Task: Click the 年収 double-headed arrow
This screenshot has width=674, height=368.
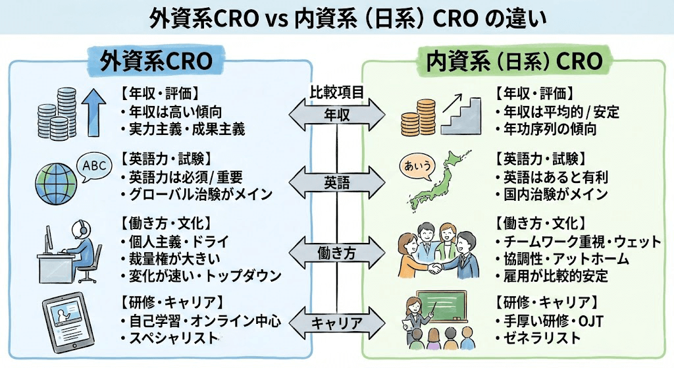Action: coord(337,115)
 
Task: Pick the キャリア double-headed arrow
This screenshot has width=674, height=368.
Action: coord(337,323)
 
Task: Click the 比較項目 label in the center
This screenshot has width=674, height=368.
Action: coord(337,92)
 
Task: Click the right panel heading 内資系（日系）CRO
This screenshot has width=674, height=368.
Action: coord(514,61)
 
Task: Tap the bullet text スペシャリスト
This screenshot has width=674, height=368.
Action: coord(173,338)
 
